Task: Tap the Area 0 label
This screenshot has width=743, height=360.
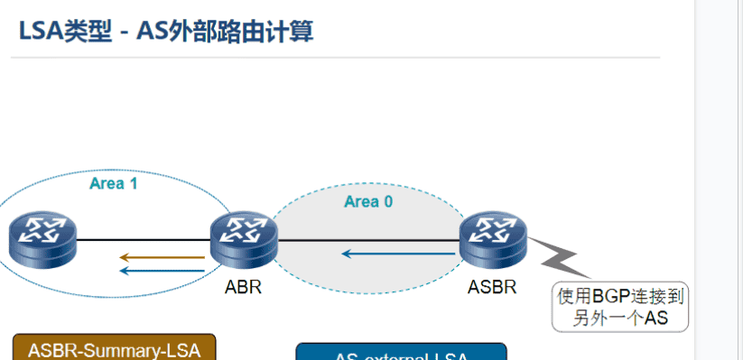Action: (368, 201)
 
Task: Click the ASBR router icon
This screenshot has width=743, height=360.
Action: (493, 239)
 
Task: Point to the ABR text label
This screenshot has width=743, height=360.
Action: (244, 289)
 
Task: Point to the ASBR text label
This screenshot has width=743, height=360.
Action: (492, 289)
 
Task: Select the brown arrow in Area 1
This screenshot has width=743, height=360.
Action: (163, 257)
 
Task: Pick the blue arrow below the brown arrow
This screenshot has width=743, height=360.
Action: (163, 269)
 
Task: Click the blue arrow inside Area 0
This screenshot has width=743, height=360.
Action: (397, 254)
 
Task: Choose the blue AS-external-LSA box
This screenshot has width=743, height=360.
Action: (402, 353)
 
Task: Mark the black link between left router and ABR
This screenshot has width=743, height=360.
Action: (144, 240)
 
